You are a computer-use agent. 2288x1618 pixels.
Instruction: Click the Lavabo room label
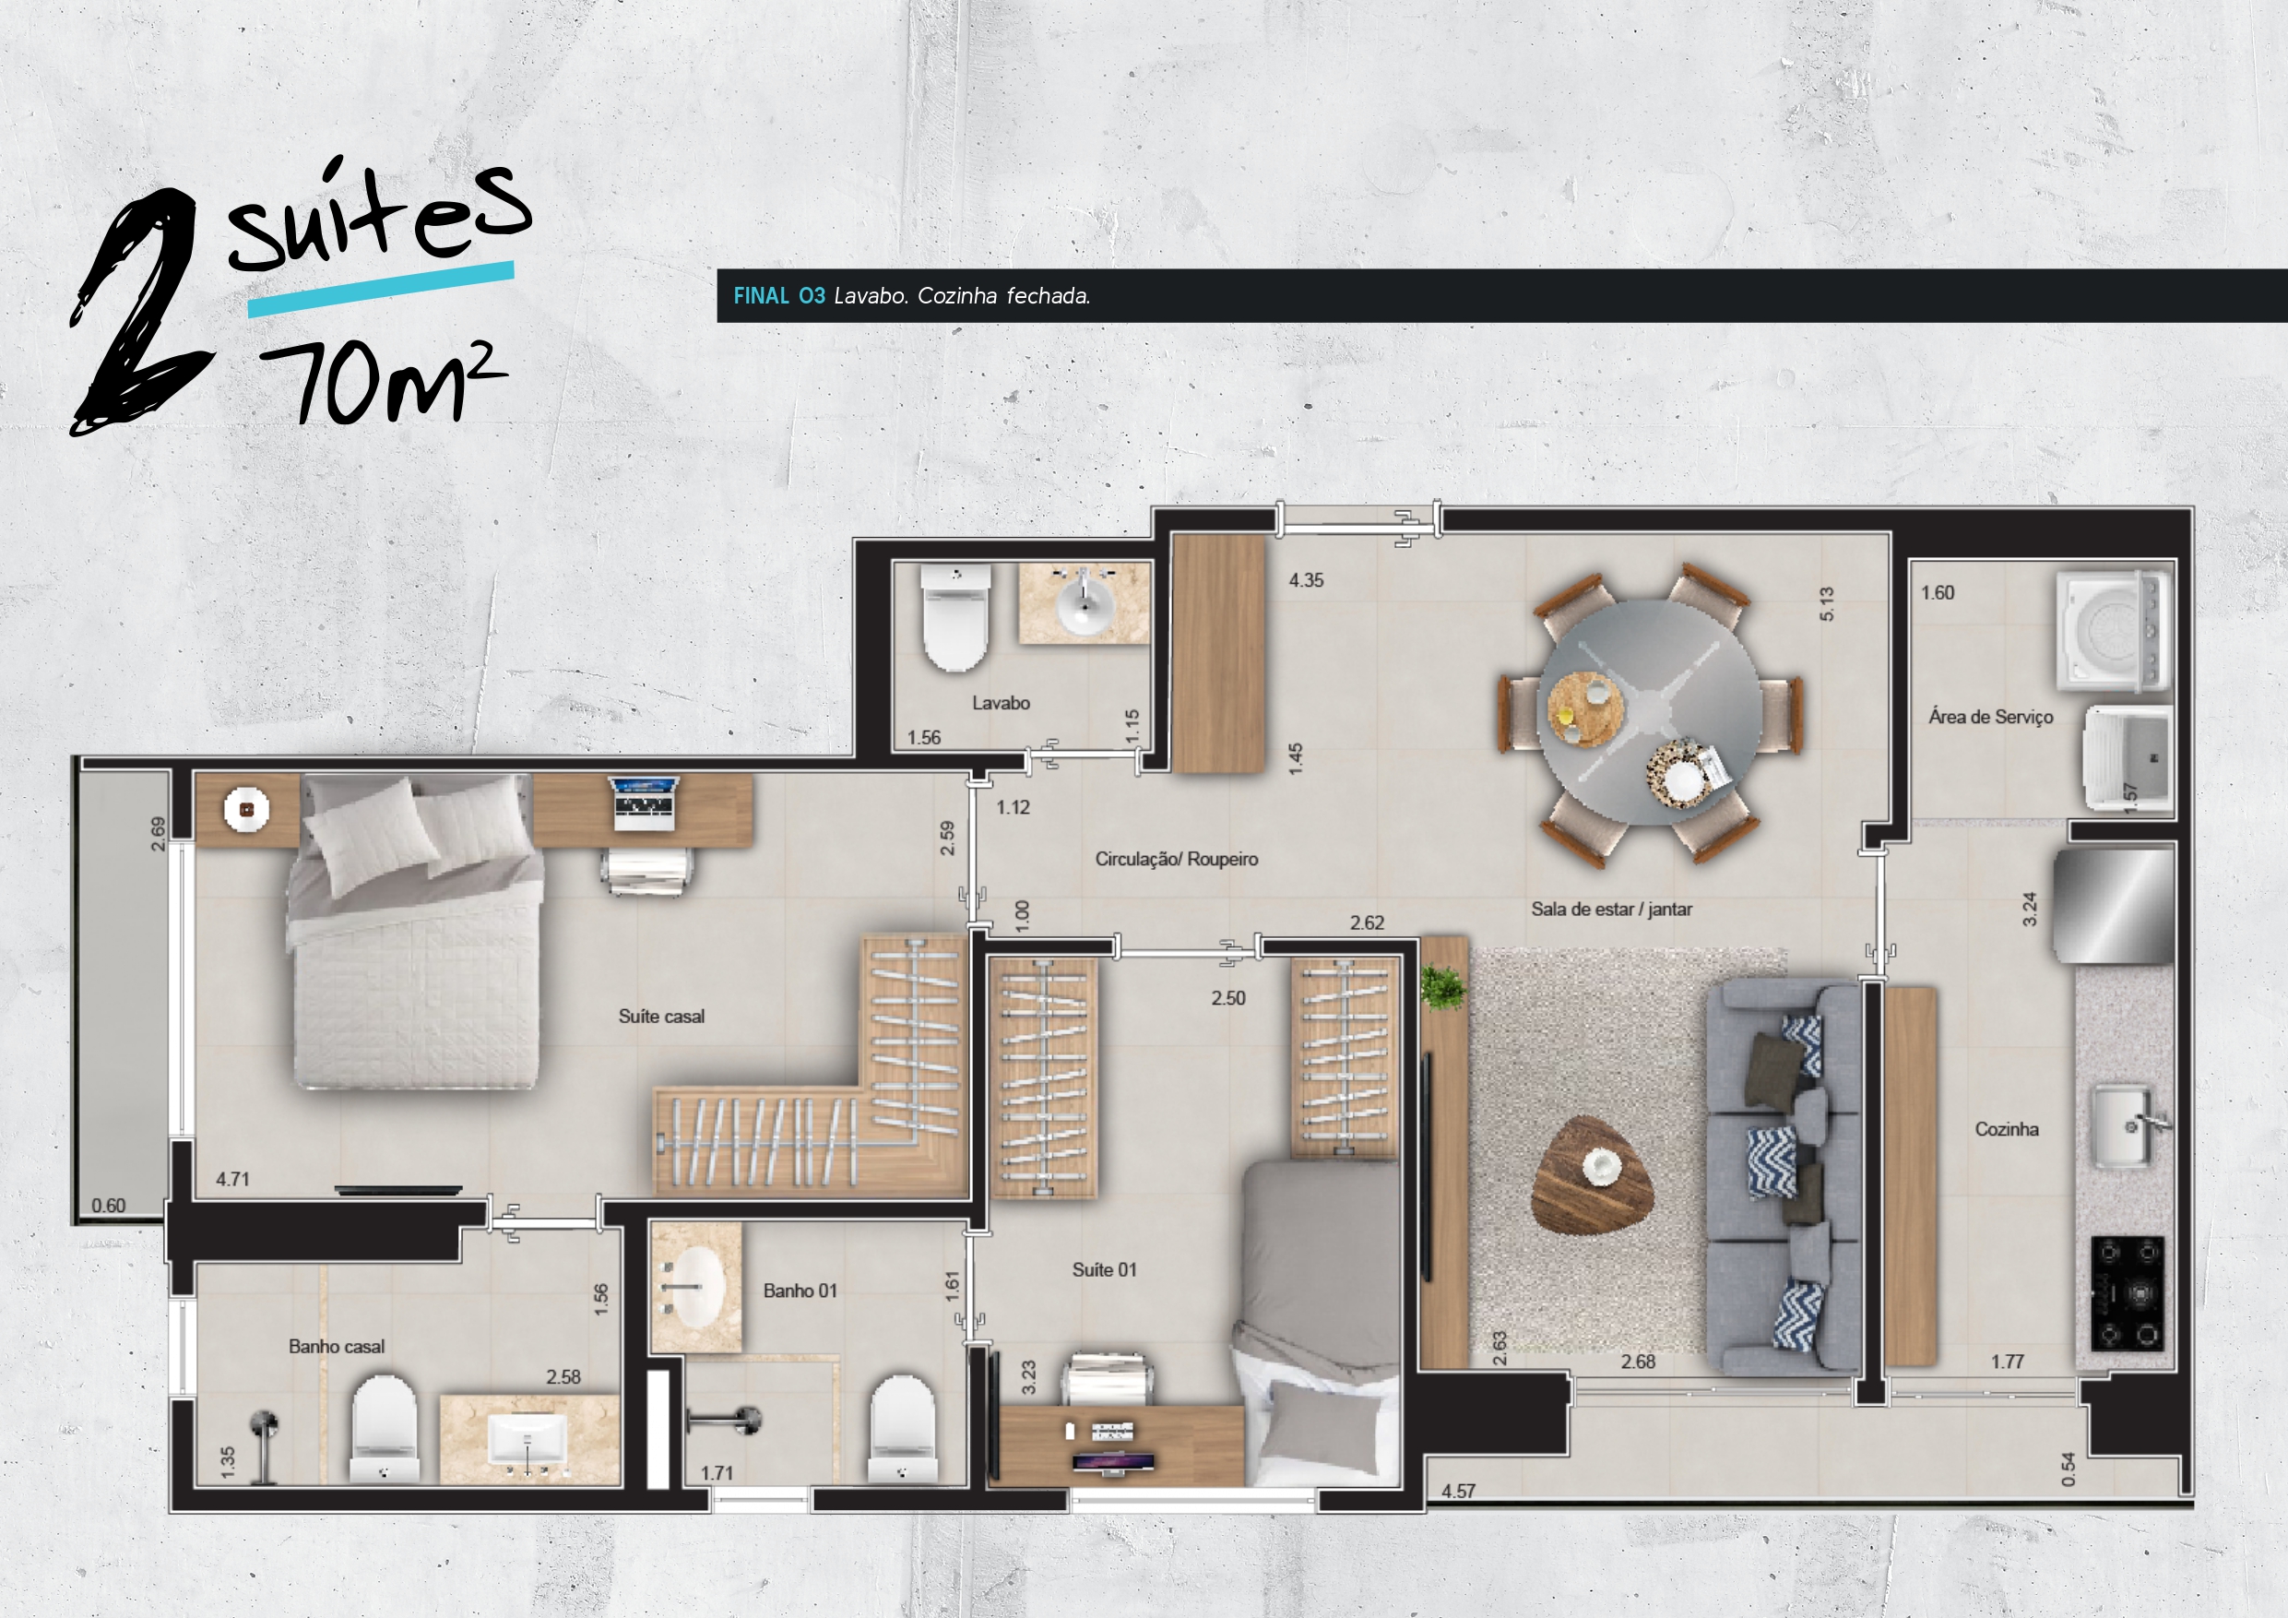coord(1001,703)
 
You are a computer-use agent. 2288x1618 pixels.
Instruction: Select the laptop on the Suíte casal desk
coord(645,803)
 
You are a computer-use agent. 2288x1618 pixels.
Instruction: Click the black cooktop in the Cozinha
coord(2127,1293)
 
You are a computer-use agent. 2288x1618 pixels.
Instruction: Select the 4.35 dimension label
coord(1306,580)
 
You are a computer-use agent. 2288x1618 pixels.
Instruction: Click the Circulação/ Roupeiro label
coord(1176,860)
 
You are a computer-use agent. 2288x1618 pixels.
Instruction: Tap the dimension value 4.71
coord(232,1179)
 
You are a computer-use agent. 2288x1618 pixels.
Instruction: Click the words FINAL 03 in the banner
coord(779,296)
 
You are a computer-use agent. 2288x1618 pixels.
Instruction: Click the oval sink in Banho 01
coord(694,1287)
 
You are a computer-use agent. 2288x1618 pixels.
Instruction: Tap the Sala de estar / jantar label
coord(1611,910)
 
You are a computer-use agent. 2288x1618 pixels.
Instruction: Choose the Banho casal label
coord(336,1347)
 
